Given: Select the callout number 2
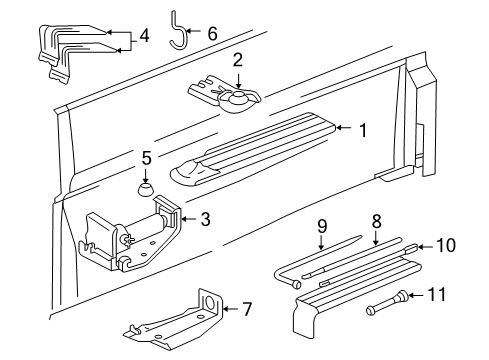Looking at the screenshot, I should (x=237, y=60).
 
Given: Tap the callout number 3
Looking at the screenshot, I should (x=205, y=219).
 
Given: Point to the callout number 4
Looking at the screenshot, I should (x=145, y=38).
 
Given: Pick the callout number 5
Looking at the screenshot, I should (x=146, y=158).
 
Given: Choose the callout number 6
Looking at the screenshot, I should (x=211, y=33).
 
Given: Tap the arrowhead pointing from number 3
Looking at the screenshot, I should (x=184, y=219).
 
